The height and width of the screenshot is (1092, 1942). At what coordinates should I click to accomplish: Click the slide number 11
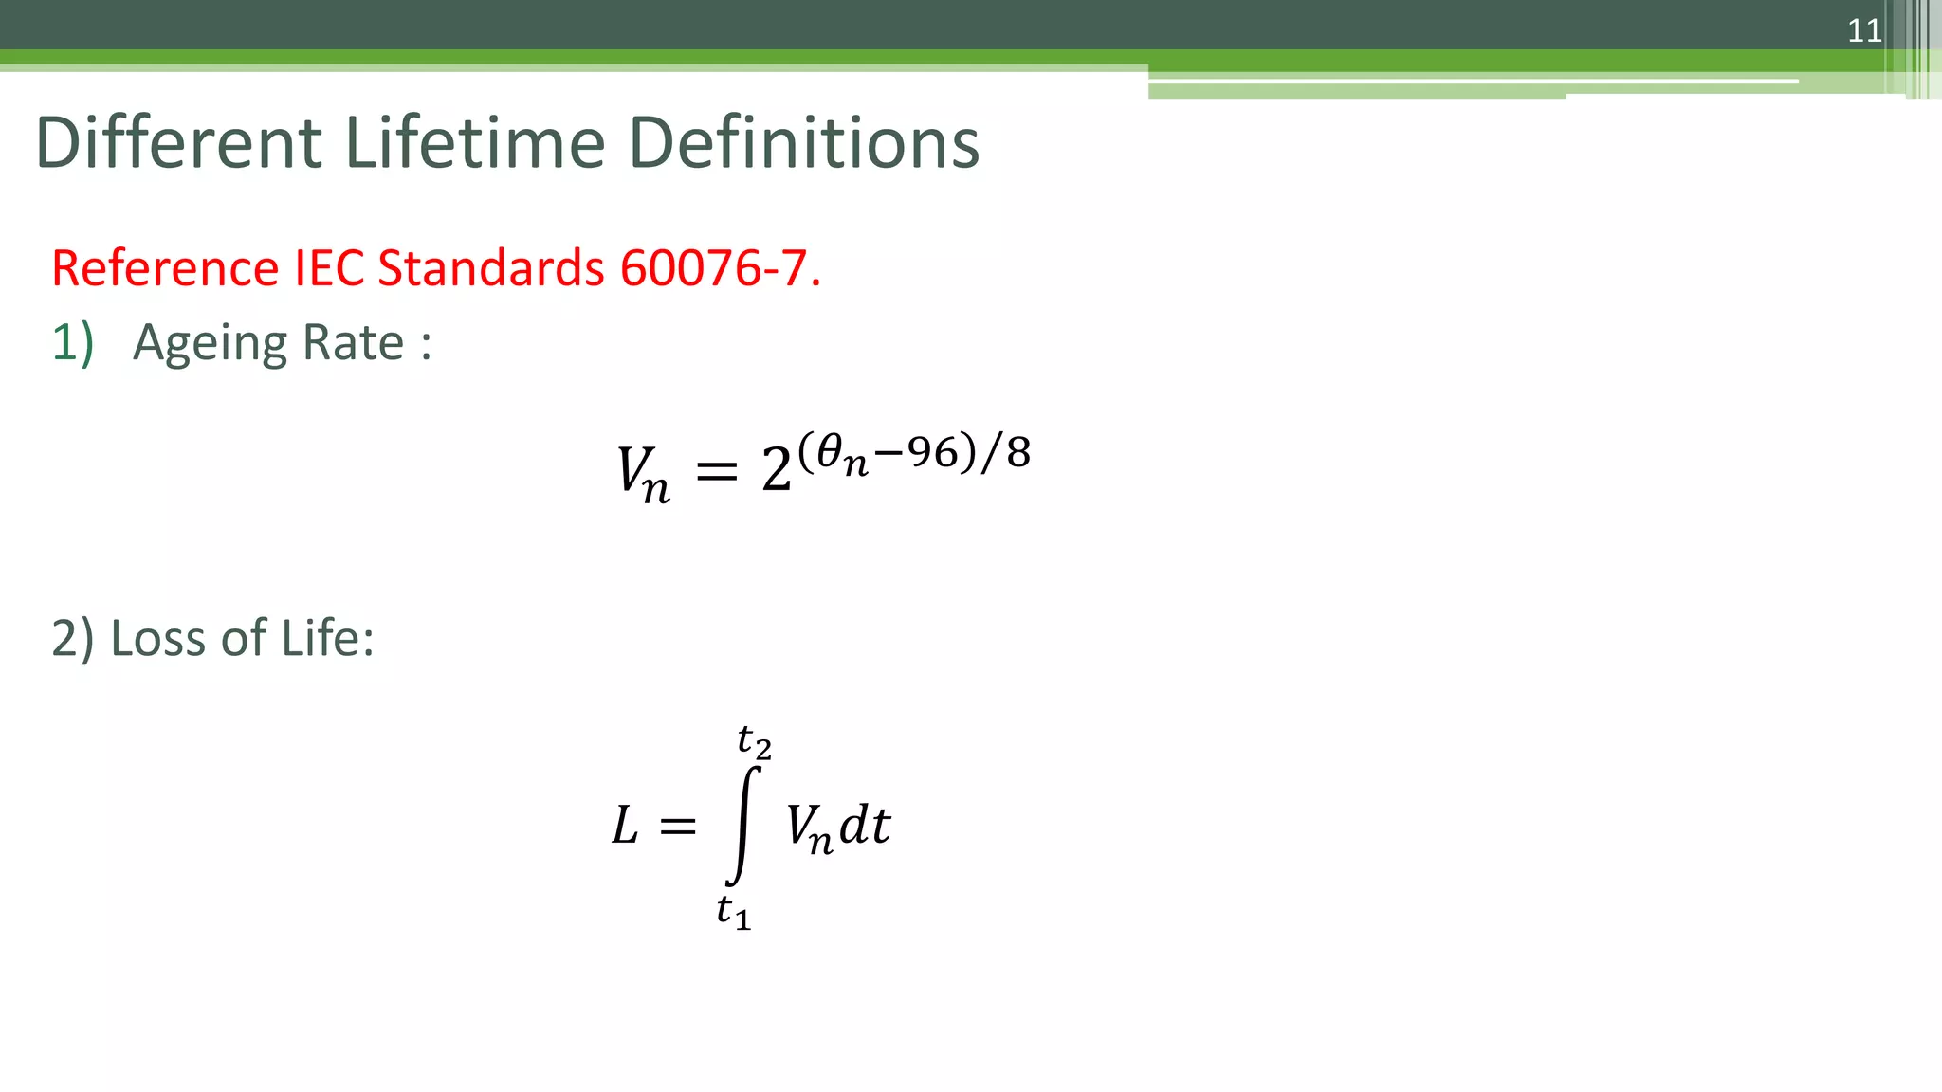[x=1864, y=31]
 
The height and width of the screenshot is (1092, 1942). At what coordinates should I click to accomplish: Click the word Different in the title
[x=179, y=143]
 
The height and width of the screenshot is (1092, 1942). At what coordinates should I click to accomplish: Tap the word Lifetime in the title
[x=475, y=143]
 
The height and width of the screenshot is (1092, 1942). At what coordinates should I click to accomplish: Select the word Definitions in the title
[x=804, y=143]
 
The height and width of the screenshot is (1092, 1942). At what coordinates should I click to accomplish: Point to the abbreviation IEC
[x=329, y=268]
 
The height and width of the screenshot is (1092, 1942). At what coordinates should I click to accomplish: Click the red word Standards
[x=491, y=268]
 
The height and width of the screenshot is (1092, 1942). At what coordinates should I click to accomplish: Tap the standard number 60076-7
[x=720, y=268]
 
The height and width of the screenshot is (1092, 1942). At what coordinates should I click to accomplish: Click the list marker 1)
[x=73, y=343]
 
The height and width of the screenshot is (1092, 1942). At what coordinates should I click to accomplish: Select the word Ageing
[x=201, y=343]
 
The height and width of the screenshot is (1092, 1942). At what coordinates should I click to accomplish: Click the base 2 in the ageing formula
[x=777, y=469]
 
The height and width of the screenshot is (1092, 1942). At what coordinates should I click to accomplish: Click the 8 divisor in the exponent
[x=1018, y=453]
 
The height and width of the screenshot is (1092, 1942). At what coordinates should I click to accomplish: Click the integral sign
[x=744, y=825]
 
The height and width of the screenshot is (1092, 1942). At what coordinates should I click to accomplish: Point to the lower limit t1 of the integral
[x=733, y=912]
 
